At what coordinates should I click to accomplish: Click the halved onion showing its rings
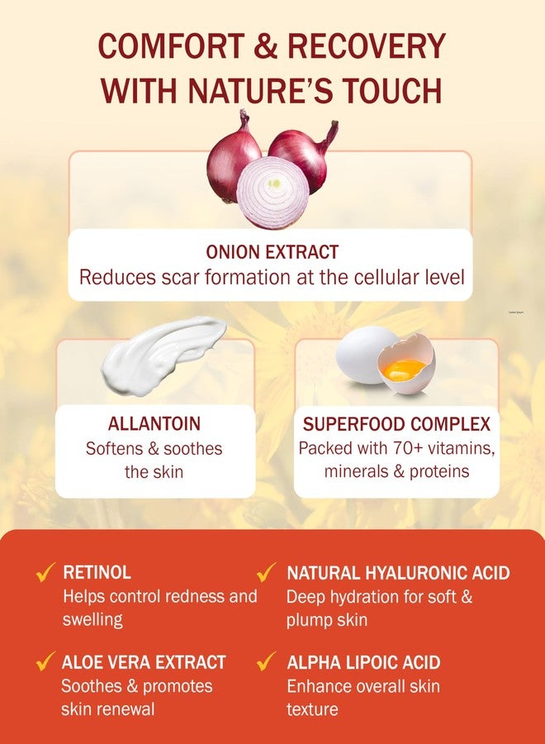point(272,192)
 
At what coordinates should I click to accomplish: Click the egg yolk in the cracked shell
point(404,365)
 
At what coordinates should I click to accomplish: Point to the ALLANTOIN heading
point(154,424)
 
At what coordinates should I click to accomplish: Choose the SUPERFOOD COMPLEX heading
point(396,424)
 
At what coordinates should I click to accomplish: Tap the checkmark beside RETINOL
point(46,572)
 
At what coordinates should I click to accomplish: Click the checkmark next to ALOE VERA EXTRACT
point(46,661)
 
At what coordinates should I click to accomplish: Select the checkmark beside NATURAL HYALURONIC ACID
point(266,572)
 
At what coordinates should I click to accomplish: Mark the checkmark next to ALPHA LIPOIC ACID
point(266,661)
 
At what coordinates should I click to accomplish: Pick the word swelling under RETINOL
point(92,619)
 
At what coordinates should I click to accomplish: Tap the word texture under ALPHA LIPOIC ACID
point(312,708)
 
